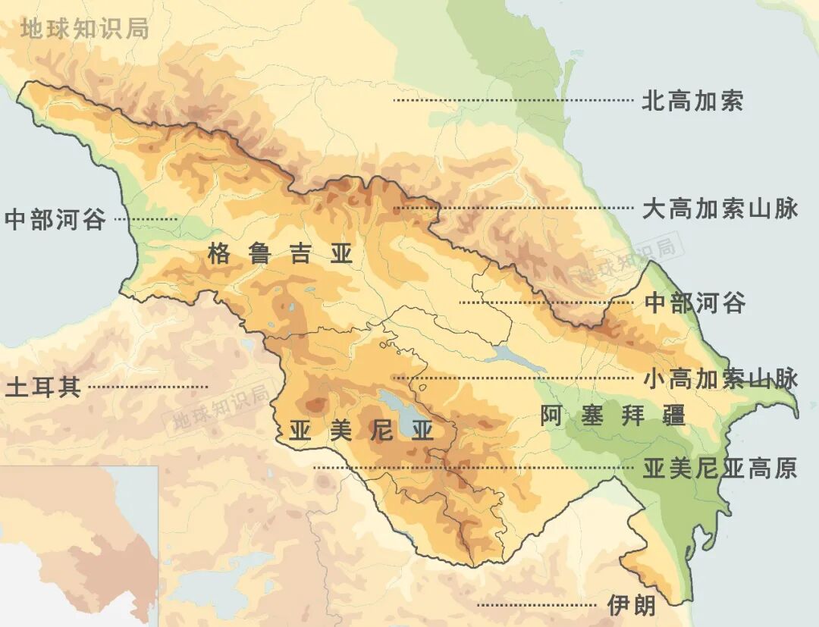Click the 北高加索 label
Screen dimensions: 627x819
[x=692, y=101]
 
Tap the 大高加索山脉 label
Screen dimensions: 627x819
[x=720, y=208]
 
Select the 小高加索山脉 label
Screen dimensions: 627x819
[x=720, y=378]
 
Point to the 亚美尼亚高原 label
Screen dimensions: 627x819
[x=720, y=469]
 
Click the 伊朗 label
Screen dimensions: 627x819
[x=631, y=605]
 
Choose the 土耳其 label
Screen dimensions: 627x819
[x=42, y=387]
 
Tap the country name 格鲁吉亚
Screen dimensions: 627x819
[x=281, y=254]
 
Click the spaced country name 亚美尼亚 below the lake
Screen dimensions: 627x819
[x=361, y=431]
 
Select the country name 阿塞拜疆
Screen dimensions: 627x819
[x=613, y=415]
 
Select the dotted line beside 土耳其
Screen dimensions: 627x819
[x=148, y=387]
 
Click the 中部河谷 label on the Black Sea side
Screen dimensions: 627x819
[x=55, y=220]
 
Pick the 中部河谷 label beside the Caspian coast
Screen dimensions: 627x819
[x=695, y=303]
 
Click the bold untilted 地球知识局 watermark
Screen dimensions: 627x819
[x=84, y=29]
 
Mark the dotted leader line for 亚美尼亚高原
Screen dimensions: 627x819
[x=470, y=468]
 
